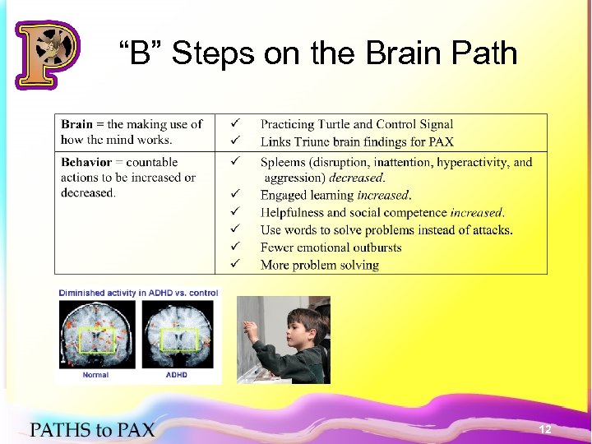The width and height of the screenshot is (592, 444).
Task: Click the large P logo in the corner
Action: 47,53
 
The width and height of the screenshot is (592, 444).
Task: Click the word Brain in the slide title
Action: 423,53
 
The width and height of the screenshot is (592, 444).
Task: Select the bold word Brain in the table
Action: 77,124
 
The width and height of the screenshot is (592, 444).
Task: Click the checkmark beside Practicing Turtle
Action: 234,124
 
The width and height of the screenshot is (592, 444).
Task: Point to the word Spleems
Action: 284,162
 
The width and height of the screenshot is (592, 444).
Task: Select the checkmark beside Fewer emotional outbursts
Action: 234,247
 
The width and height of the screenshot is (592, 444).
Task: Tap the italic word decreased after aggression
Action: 357,178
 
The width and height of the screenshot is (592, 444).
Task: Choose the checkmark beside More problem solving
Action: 234,264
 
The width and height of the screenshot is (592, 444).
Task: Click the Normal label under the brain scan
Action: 95,375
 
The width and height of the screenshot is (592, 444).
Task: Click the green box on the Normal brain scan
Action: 96,340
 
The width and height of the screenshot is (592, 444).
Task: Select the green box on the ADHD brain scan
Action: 176,340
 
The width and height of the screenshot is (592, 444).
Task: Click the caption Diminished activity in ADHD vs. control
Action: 138,293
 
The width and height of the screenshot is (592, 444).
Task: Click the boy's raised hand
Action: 252,325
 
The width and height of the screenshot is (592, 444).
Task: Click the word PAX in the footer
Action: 133,429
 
